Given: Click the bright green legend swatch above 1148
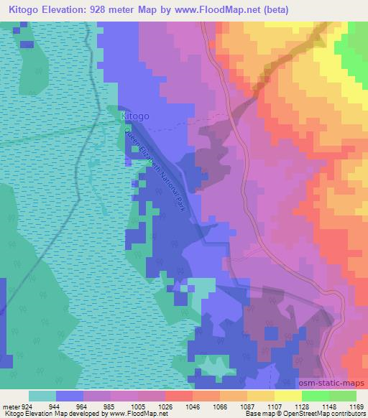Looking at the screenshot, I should point(316,396).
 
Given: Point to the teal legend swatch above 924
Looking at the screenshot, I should point(42,396).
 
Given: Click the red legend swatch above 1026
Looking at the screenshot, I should point(179,396).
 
